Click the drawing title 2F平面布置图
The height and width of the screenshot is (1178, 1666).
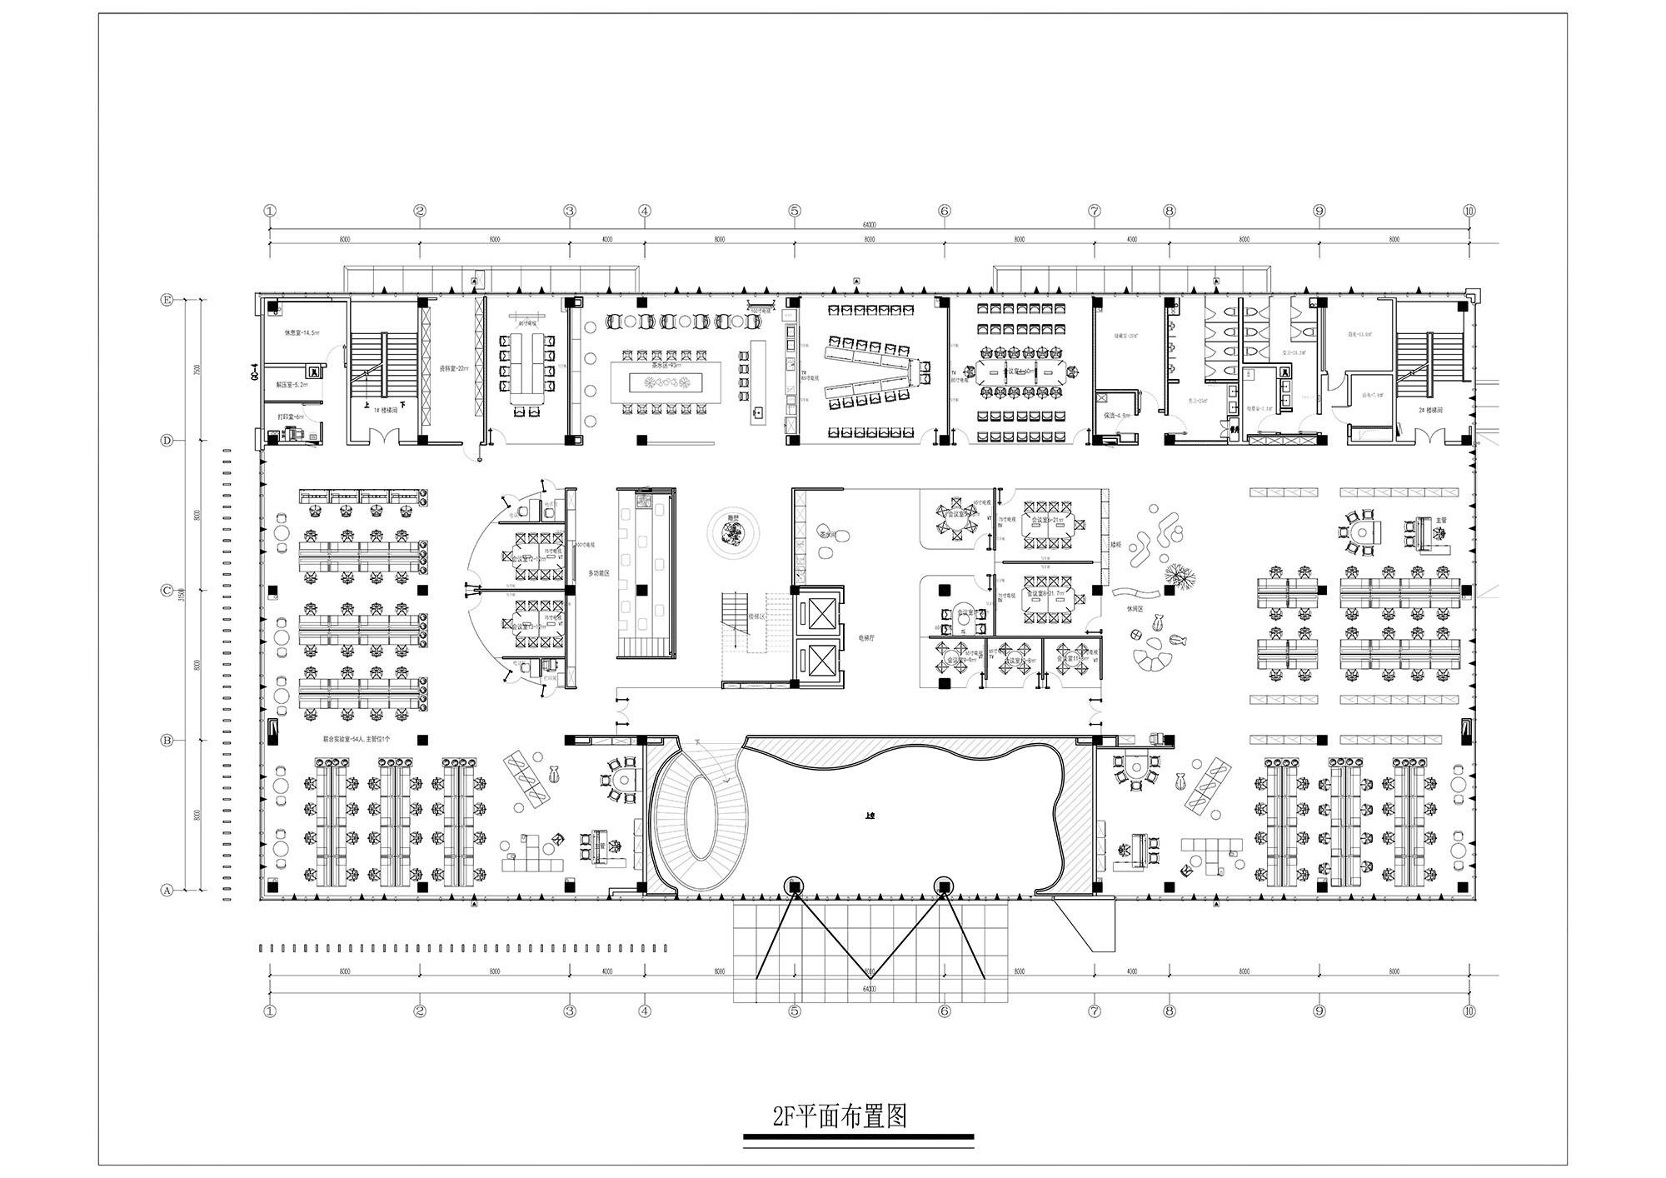point(840,1116)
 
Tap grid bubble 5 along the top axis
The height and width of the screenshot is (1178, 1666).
point(795,211)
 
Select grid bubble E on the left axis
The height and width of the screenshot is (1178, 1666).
point(166,300)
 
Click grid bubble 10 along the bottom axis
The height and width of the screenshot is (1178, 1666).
point(1469,1011)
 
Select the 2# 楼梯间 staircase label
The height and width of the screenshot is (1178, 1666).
point(1428,410)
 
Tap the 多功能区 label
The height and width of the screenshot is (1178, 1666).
point(599,573)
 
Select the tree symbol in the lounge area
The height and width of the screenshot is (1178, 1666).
point(1179,574)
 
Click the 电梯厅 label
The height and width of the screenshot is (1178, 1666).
point(866,637)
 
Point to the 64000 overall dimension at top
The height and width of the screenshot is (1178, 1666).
point(869,225)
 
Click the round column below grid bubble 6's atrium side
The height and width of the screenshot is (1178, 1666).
point(943,885)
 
